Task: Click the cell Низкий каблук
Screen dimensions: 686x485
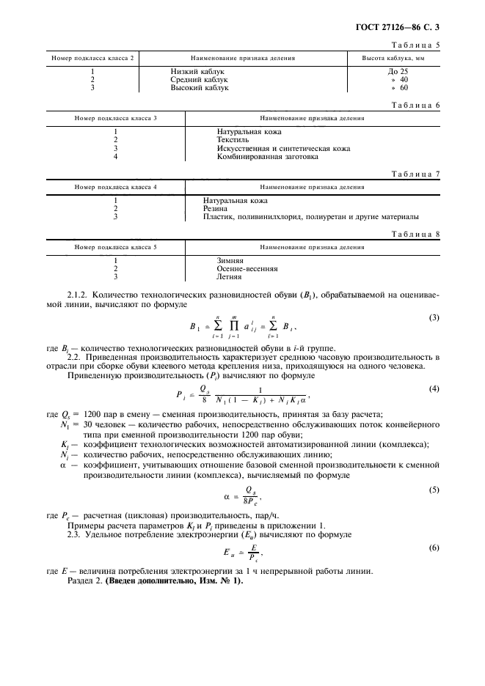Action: pos(197,72)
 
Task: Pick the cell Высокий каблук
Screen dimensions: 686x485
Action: pos(200,87)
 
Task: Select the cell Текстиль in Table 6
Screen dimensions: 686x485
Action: pos(233,139)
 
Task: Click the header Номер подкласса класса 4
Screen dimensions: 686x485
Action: pos(115,187)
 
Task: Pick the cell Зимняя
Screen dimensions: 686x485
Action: pos(230,260)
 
